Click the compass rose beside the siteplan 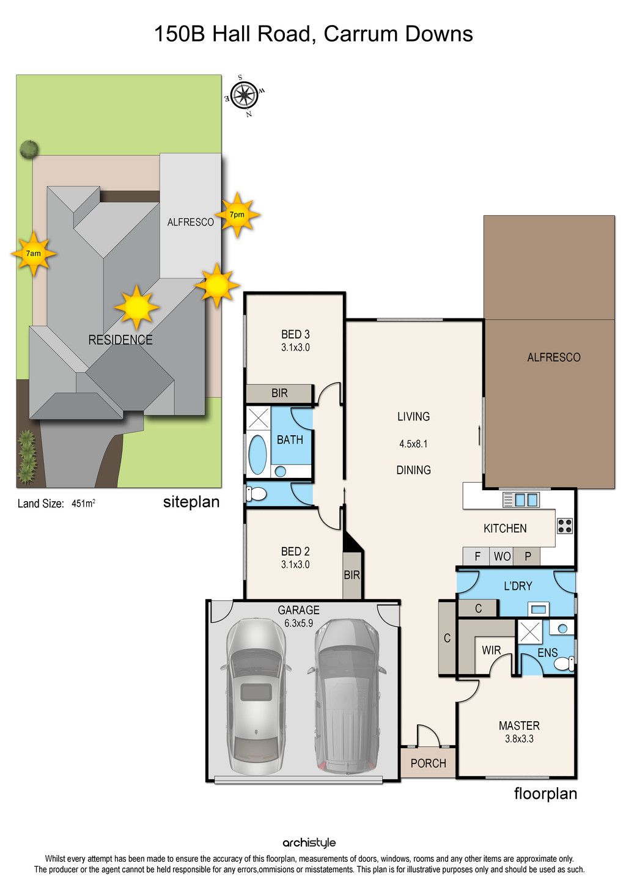point(244,95)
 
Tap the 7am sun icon point(34,254)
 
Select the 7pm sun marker point(237,215)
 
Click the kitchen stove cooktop point(564,526)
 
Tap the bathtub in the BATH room point(257,455)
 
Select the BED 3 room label point(295,334)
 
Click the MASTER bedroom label point(519,725)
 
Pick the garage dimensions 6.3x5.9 point(298,623)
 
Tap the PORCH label point(429,763)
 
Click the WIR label point(492,650)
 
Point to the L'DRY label point(518,586)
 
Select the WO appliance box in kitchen point(502,556)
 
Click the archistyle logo point(309,843)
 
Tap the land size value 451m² point(83,504)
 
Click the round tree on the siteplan point(29,150)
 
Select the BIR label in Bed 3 point(279,393)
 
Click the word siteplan point(191,502)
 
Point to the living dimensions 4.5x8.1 point(413,444)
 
